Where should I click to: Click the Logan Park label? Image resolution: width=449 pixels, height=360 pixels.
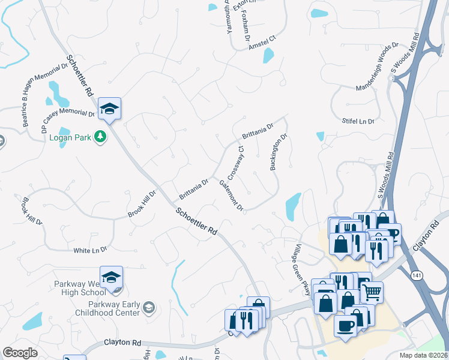click(x=74, y=137)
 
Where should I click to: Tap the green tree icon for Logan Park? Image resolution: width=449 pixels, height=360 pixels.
click(x=101, y=137)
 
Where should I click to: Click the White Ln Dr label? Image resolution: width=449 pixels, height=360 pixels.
click(x=89, y=250)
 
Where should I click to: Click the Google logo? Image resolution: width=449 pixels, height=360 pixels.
click(x=20, y=353)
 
